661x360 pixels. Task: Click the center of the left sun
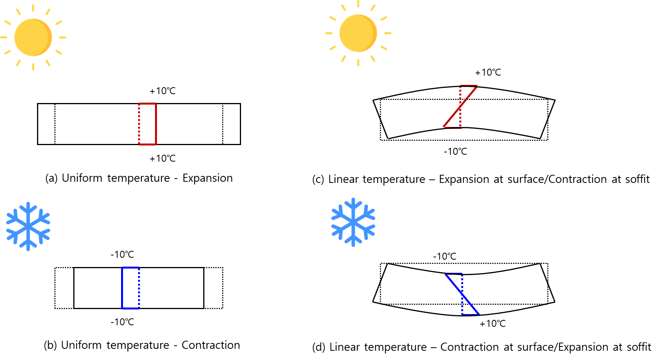click(33, 37)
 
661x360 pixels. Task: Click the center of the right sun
click(358, 33)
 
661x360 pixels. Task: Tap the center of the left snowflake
click(28, 226)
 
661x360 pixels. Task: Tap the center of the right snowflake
click(353, 222)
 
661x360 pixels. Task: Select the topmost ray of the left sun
click(33, 8)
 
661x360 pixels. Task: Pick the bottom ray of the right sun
click(358, 63)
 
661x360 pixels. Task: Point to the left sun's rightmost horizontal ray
click(62, 37)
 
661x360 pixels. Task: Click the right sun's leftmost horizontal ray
click(329, 33)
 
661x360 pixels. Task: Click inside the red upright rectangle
click(148, 124)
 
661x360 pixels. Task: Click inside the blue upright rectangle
click(130, 288)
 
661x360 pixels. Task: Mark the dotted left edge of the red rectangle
click(139, 124)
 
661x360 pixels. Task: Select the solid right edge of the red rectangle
click(156, 124)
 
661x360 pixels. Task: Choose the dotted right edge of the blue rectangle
click(139, 288)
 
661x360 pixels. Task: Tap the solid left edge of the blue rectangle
click(122, 288)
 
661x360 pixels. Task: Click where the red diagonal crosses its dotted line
click(460, 107)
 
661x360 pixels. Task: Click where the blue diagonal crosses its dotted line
click(462, 294)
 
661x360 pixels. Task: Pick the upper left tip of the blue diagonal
click(446, 275)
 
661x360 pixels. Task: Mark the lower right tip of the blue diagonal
click(479, 314)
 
